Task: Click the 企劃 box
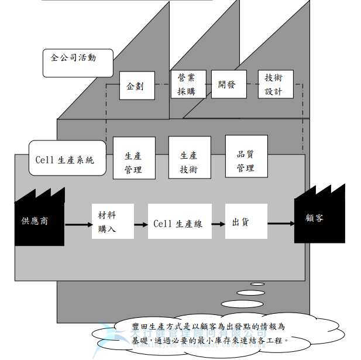pos(136,85)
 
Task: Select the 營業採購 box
pos(187,84)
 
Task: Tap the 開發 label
pos(226,84)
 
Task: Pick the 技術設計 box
pos(275,84)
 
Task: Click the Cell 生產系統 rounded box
pos(67,159)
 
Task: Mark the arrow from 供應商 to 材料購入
pos(77,224)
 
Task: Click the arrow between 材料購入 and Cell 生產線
pos(140,224)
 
